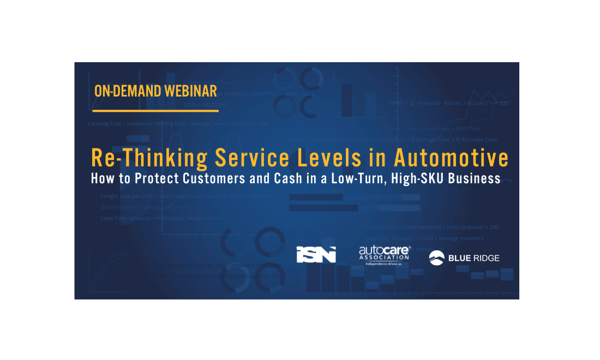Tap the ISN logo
316,255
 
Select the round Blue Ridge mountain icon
436,258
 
